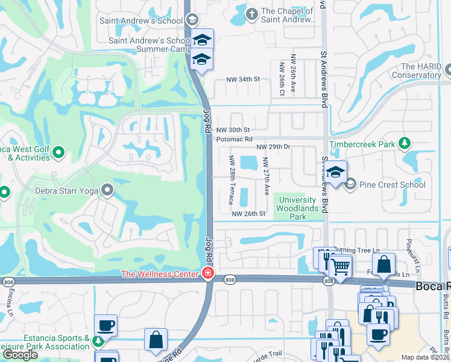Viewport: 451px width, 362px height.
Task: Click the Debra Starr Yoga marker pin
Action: pyautogui.click(x=108, y=191)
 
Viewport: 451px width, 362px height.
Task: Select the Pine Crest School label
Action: pyautogui.click(x=393, y=185)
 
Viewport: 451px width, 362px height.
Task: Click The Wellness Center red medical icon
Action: pyautogui.click(x=208, y=275)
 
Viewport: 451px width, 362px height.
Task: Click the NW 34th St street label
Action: pyautogui.click(x=242, y=79)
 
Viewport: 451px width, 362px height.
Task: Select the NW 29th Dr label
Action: pyautogui.click(x=273, y=147)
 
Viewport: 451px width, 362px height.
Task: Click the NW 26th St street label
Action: pyautogui.click(x=248, y=214)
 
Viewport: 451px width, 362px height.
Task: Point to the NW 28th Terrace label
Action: pyautogui.click(x=231, y=180)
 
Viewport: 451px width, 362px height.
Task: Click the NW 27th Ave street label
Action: pyautogui.click(x=266, y=176)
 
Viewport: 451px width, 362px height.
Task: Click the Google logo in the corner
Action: pyautogui.click(x=20, y=355)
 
